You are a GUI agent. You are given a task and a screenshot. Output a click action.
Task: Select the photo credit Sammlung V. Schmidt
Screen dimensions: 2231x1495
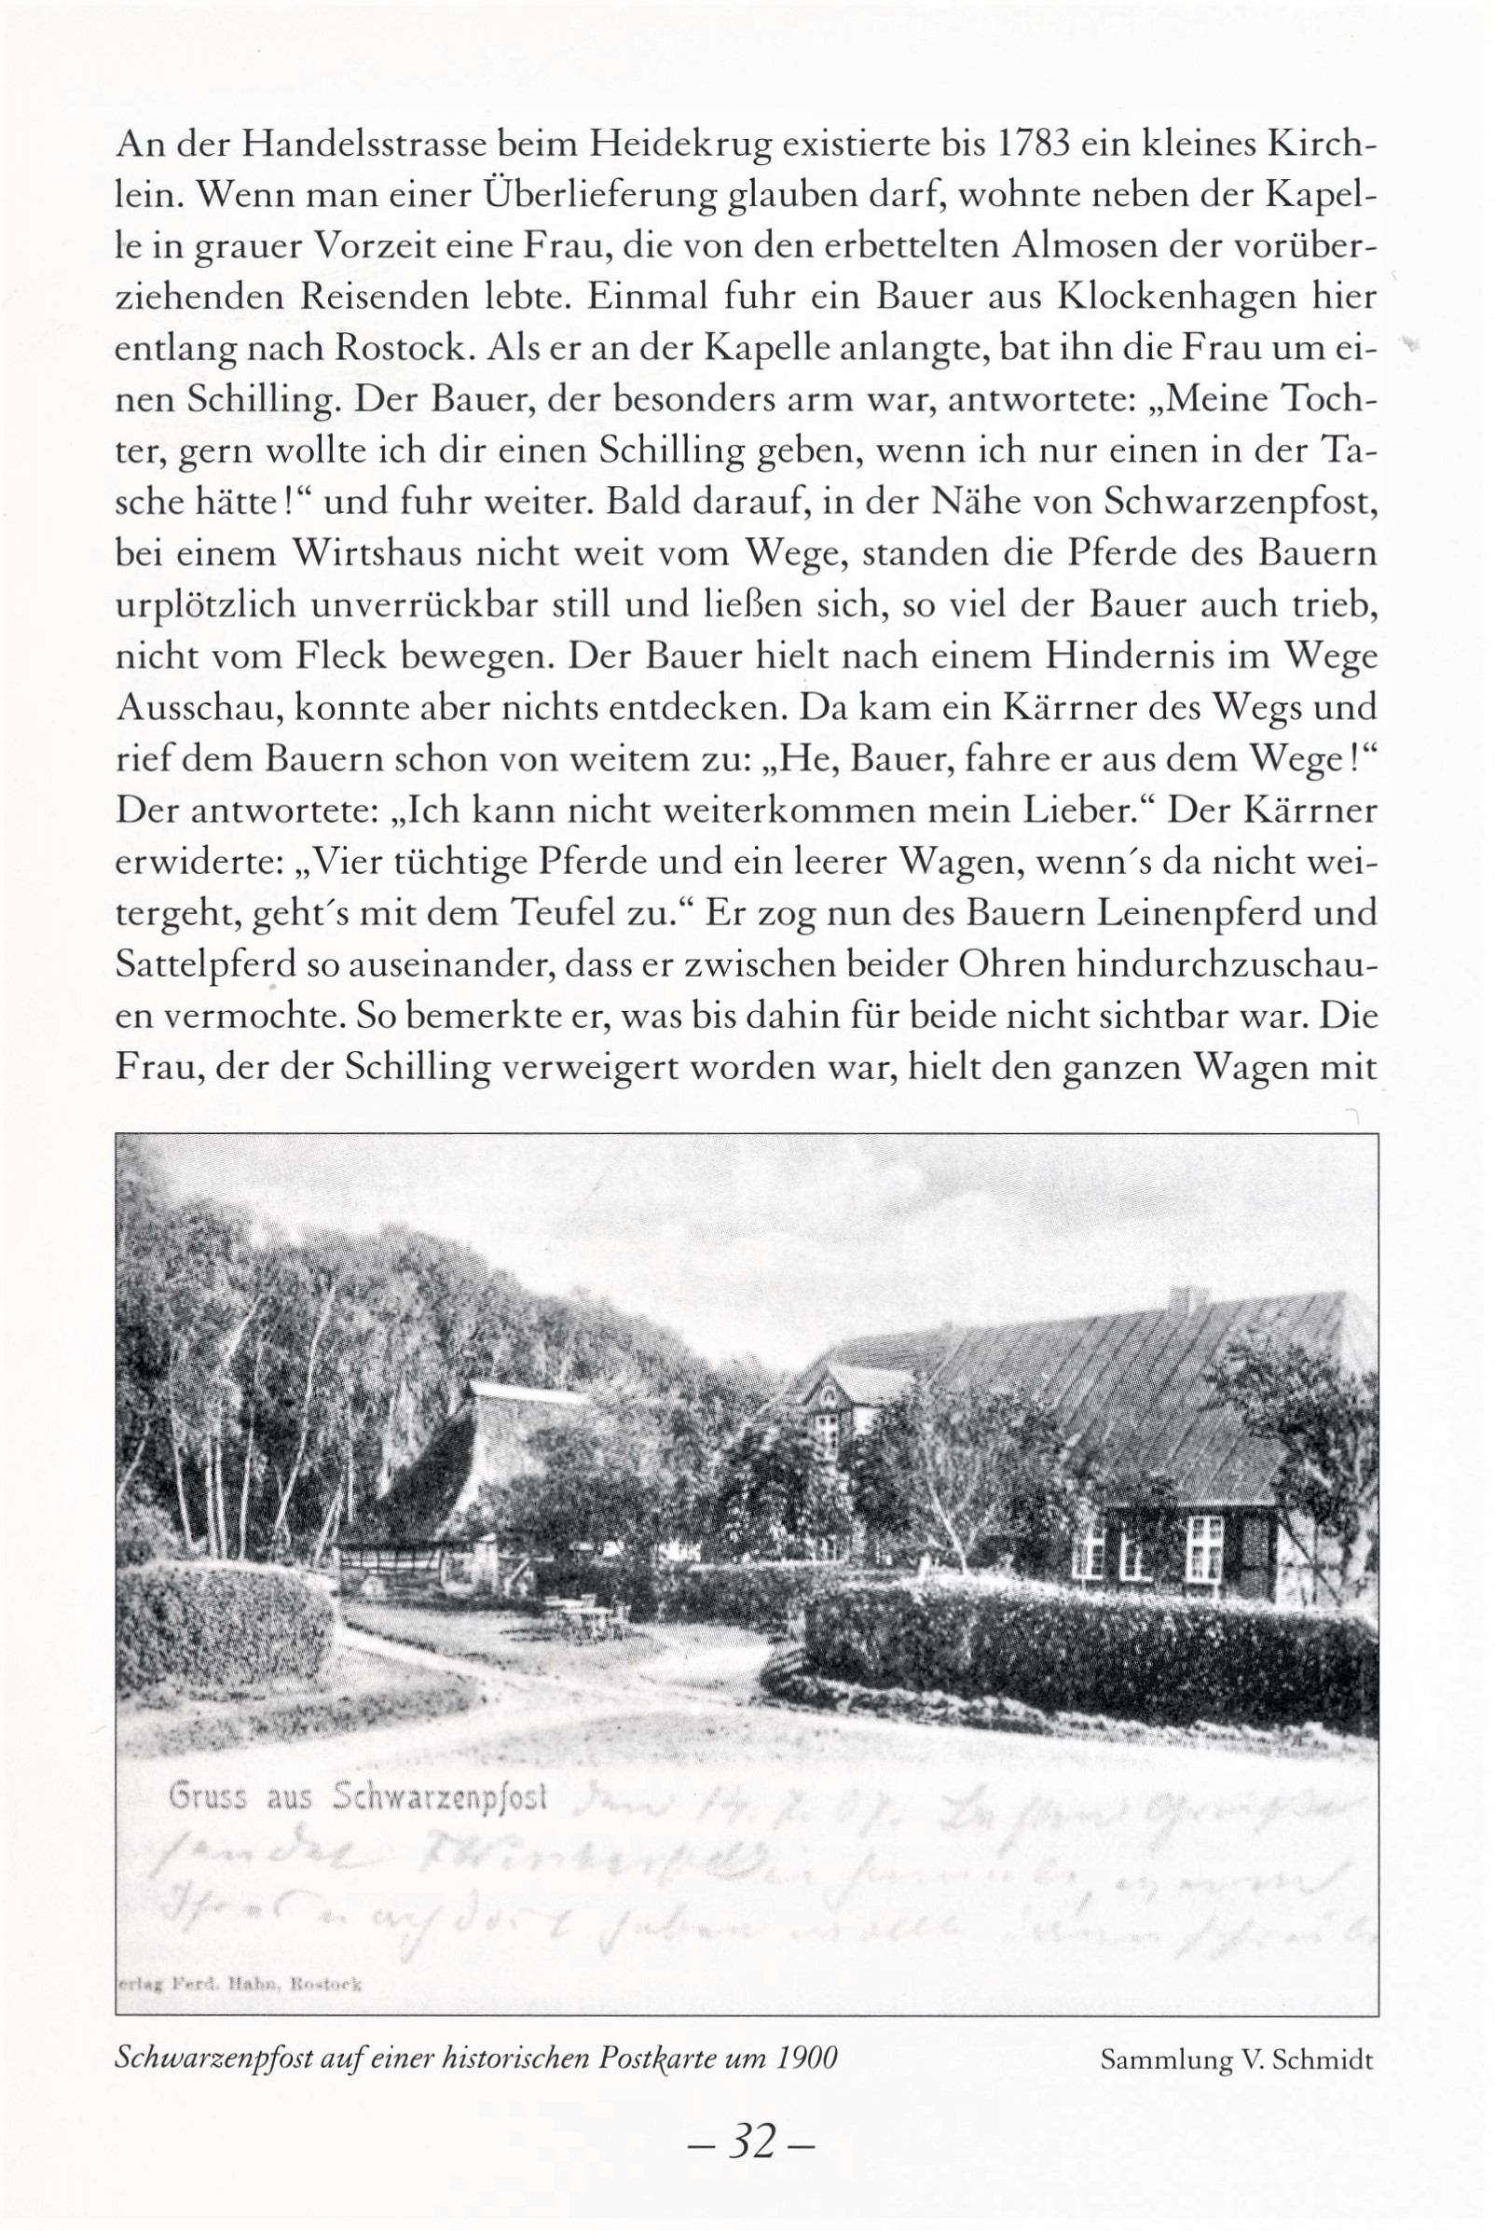(x=1236, y=2060)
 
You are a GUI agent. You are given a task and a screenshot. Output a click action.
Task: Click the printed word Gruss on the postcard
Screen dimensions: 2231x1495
(x=207, y=1797)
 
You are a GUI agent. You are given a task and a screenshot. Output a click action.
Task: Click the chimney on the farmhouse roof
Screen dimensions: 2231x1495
(x=1187, y=1299)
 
